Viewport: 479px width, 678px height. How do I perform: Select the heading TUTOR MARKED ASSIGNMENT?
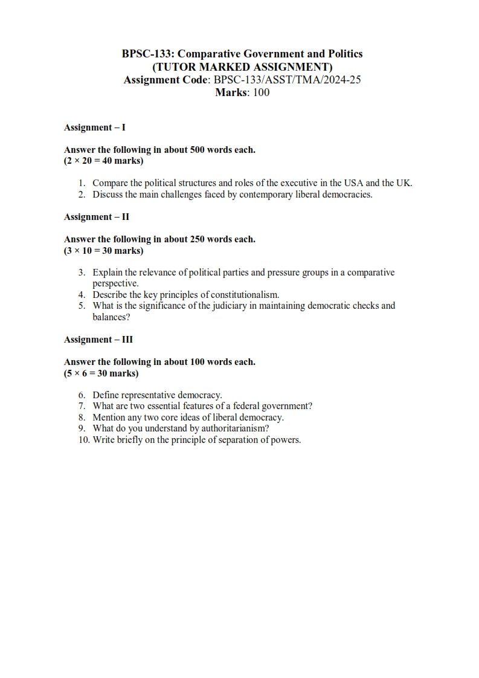[242, 66]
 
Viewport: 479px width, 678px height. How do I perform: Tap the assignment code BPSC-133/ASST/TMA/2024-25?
[288, 79]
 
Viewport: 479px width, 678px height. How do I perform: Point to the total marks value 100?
[262, 92]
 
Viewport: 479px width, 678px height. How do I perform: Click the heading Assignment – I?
[95, 128]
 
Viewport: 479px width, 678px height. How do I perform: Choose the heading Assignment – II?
[97, 216]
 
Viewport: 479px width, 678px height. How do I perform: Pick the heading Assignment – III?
[98, 340]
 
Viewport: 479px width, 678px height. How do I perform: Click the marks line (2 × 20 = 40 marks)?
[104, 161]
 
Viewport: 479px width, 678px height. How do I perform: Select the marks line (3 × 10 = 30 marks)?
[104, 250]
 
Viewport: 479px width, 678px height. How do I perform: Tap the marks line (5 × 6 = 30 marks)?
[101, 373]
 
